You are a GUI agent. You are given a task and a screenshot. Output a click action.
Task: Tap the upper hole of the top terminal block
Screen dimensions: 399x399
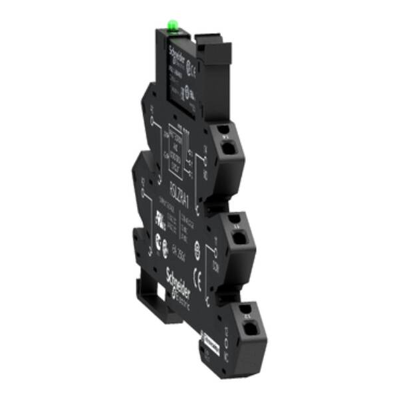pyautogui.click(x=225, y=130)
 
